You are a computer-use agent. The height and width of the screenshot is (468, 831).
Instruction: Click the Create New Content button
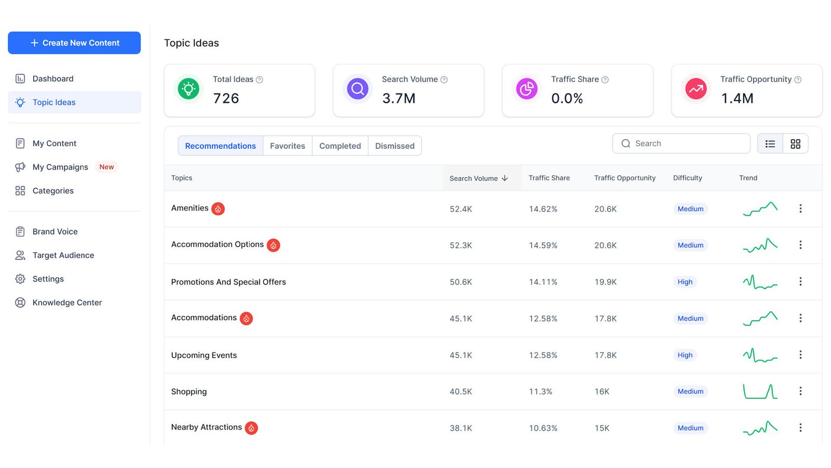(x=74, y=43)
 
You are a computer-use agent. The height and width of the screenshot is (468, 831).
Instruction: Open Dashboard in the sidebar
(x=52, y=79)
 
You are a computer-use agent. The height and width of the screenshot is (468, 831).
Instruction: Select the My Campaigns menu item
(x=60, y=167)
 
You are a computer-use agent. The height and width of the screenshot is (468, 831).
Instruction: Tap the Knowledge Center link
(x=67, y=302)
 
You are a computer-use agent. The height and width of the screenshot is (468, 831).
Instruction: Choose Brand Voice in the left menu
(x=55, y=231)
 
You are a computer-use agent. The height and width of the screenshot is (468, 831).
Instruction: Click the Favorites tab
(x=288, y=146)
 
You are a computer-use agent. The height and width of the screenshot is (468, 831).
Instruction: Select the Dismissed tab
(x=395, y=146)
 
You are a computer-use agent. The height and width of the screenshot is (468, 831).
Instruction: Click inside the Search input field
(x=681, y=144)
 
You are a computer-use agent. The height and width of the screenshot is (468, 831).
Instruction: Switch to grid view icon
(x=795, y=144)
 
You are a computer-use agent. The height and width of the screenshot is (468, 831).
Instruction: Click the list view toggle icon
(x=770, y=144)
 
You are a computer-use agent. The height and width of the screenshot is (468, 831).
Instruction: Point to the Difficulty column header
(x=688, y=178)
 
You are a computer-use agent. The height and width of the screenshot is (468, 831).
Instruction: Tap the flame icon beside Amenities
(x=218, y=209)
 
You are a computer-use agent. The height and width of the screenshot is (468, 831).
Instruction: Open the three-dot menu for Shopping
(x=800, y=391)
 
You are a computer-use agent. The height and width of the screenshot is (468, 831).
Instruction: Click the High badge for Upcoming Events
(x=685, y=355)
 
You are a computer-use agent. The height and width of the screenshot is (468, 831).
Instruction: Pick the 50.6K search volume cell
(x=461, y=282)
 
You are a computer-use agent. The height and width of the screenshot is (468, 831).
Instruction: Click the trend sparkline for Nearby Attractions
(x=760, y=428)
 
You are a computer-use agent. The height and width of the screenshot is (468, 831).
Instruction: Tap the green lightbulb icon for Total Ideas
(x=189, y=89)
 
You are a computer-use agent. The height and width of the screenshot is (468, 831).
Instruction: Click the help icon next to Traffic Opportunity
(x=798, y=80)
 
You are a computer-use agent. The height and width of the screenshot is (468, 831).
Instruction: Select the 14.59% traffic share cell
(x=543, y=245)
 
